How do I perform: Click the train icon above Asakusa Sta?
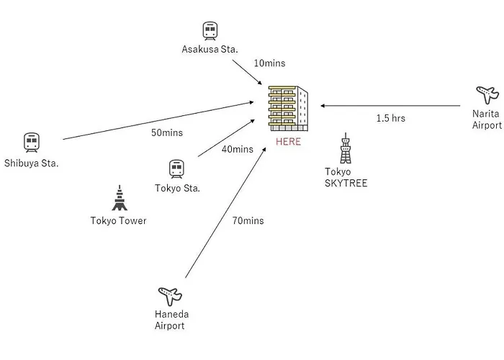click(210, 30)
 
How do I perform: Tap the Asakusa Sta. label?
click(210, 49)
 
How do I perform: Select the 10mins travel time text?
click(269, 63)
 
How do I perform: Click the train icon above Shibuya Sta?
click(31, 142)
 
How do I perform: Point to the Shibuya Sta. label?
click(31, 163)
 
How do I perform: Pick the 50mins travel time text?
click(167, 132)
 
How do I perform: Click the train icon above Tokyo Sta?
click(176, 168)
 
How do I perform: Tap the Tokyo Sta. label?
click(177, 189)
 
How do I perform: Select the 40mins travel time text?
click(238, 149)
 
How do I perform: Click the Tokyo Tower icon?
click(118, 199)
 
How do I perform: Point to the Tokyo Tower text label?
click(119, 220)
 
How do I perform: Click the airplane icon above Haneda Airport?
click(170, 296)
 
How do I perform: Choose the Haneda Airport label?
click(170, 320)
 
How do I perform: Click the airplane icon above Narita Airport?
click(487, 95)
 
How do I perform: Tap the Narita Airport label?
click(487, 120)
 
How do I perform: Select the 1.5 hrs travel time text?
click(390, 118)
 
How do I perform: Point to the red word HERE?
click(289, 142)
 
